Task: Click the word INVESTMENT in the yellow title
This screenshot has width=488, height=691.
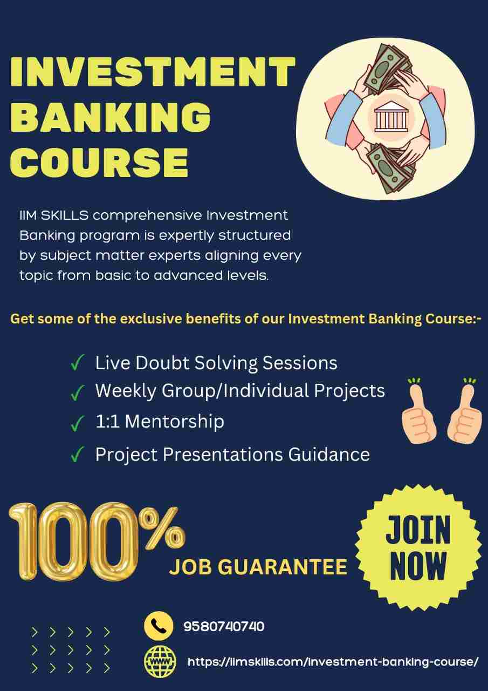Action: point(153,71)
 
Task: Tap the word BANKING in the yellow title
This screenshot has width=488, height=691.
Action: point(111,118)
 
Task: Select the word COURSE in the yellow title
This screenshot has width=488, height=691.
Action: point(99,162)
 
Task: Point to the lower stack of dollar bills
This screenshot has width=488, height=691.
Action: point(390,167)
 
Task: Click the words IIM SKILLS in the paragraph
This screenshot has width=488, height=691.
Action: point(54,215)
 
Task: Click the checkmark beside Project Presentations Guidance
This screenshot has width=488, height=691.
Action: point(77,454)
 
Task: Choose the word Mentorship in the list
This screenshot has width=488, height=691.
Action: point(175,422)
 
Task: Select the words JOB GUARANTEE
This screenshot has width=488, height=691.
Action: point(258,567)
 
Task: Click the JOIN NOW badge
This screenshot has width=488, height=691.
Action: point(418,547)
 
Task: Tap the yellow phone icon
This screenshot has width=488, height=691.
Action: point(159,626)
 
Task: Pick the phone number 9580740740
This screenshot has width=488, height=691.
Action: point(224,627)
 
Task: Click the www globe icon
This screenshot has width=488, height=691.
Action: point(160,661)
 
